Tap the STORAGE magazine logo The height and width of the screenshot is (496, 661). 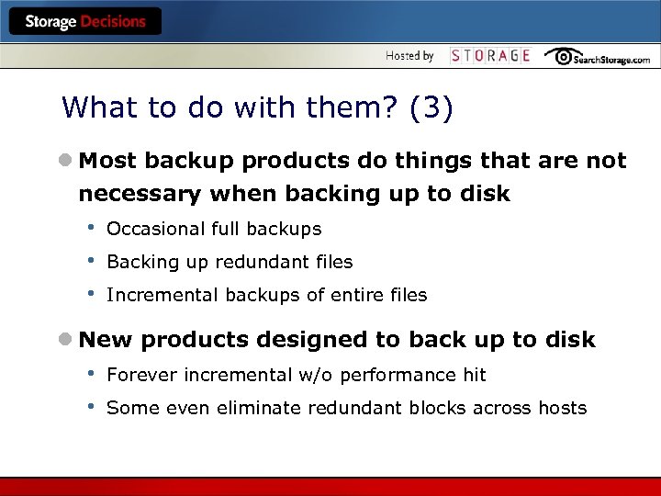[x=490, y=56]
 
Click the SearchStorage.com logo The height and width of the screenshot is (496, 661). [x=598, y=57]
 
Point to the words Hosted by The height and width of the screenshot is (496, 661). [x=409, y=56]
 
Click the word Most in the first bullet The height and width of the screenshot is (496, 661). [x=107, y=162]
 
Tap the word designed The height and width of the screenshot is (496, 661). [x=310, y=340]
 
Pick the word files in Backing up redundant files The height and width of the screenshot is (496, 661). [x=333, y=262]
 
